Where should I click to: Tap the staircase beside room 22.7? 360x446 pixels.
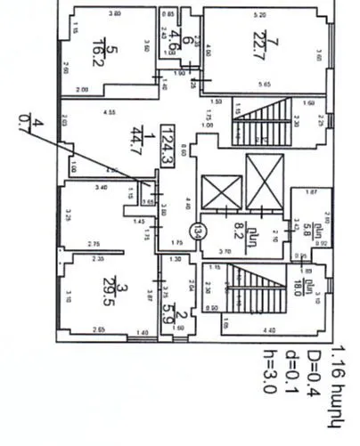point(264,124)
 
